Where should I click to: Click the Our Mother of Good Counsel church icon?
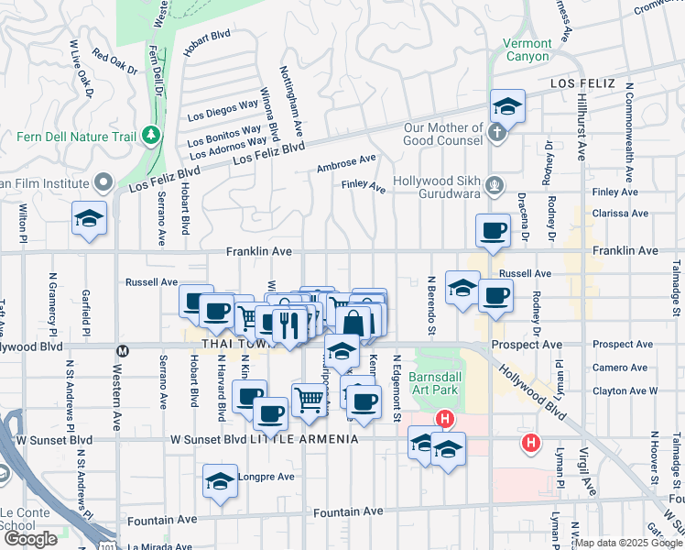click(x=495, y=134)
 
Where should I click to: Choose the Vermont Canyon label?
click(x=527, y=49)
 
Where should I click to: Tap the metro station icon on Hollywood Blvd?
click(x=122, y=349)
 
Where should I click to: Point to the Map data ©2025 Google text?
click(x=629, y=543)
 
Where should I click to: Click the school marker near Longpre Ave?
click(x=220, y=482)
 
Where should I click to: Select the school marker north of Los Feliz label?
click(x=506, y=106)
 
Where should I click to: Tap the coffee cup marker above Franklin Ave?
click(x=493, y=229)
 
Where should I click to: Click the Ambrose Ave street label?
click(x=346, y=164)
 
